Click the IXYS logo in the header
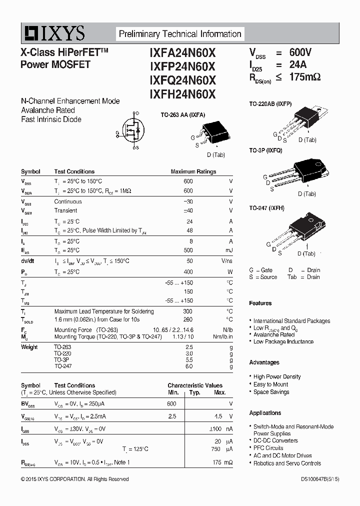pos(53,33)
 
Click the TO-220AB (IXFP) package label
pos(270,103)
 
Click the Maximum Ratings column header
pos(193,171)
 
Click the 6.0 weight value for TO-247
pos(188,366)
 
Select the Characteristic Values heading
pos(195,385)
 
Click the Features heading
pos(260,303)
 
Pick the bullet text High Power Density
pos(277,376)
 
